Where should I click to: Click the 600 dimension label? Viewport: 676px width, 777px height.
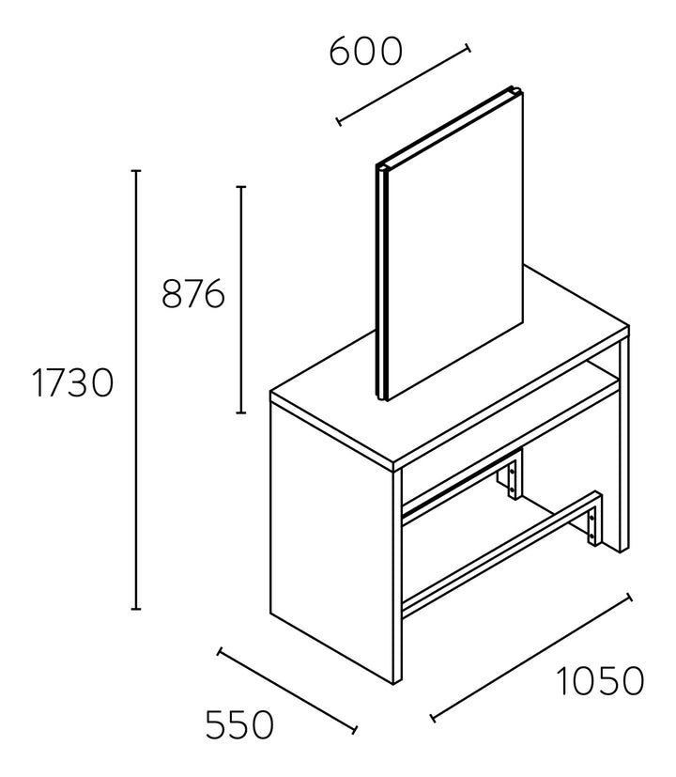coord(365,52)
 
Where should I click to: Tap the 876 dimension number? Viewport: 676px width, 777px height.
coord(193,294)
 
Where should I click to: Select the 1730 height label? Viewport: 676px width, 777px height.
coord(72,383)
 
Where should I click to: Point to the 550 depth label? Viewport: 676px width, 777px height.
coord(239,724)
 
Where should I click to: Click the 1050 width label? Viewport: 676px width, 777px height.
coord(600,681)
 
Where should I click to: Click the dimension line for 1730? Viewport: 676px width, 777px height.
coord(136,390)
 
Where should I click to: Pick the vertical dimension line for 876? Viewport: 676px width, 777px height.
coord(240,300)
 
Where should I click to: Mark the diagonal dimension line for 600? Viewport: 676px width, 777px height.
coord(403,85)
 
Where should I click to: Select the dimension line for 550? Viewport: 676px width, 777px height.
coord(287,691)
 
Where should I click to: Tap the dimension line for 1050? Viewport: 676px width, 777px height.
coord(531,657)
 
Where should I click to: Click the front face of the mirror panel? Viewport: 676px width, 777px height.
coord(454,245)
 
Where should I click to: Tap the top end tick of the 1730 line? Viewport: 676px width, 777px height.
coord(136,171)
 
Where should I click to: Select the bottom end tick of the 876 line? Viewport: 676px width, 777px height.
coord(240,412)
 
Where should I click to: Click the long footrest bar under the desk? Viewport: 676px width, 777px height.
coord(500,555)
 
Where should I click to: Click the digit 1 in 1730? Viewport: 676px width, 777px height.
coord(38,383)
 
